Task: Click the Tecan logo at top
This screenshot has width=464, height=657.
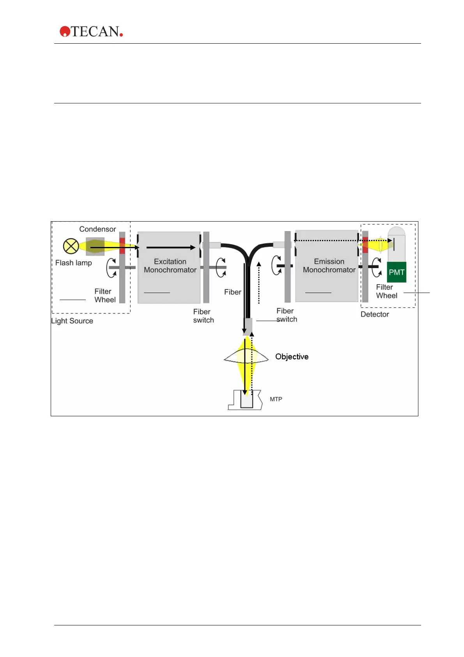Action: (x=91, y=32)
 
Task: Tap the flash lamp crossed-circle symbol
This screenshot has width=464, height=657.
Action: (x=71, y=246)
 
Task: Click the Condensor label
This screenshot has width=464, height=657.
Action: (x=97, y=229)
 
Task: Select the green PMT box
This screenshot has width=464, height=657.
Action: (x=397, y=272)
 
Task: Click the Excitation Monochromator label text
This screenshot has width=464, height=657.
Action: (x=170, y=266)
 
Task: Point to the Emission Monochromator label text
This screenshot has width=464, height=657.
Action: (x=329, y=266)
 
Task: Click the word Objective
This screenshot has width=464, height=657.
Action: (x=292, y=357)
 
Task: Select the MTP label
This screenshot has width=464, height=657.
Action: (x=276, y=399)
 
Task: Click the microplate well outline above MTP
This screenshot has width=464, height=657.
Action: (x=246, y=400)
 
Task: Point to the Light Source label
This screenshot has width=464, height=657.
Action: (x=72, y=321)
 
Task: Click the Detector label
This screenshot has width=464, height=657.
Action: (x=375, y=314)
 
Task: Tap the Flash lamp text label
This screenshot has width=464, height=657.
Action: (x=73, y=263)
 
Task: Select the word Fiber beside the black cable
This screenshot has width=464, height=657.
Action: (x=232, y=292)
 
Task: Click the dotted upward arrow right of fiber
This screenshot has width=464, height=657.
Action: (x=259, y=283)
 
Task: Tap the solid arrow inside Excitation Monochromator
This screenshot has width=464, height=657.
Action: (x=171, y=247)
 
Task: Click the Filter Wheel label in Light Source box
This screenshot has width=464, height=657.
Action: (x=104, y=295)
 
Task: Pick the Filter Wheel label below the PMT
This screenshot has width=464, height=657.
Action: (x=386, y=291)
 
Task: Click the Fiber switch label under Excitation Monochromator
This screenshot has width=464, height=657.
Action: (x=203, y=316)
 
